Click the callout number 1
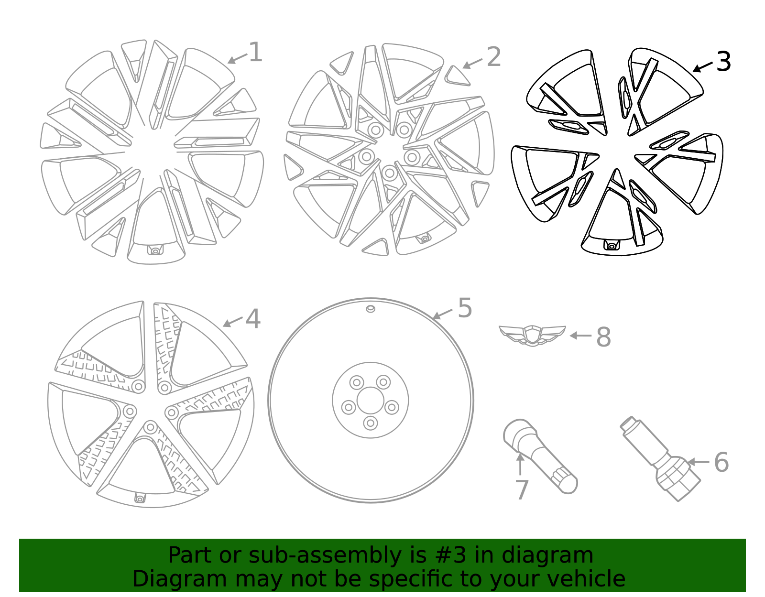pyautogui.click(x=255, y=52)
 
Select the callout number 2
pyautogui.click(x=493, y=57)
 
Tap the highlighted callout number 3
pyautogui.click(x=723, y=62)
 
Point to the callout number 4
pyautogui.click(x=253, y=319)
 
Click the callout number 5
pyautogui.click(x=465, y=308)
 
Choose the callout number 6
pyautogui.click(x=721, y=463)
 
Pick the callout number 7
pyautogui.click(x=522, y=490)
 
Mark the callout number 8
pyautogui.click(x=603, y=337)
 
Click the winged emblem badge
pyautogui.click(x=532, y=335)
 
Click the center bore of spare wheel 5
pyautogui.click(x=371, y=401)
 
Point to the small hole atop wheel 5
pyautogui.click(x=371, y=309)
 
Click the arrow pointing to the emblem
pyautogui.click(x=580, y=336)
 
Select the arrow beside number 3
pyautogui.click(x=702, y=67)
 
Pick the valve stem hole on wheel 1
pyautogui.click(x=155, y=250)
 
